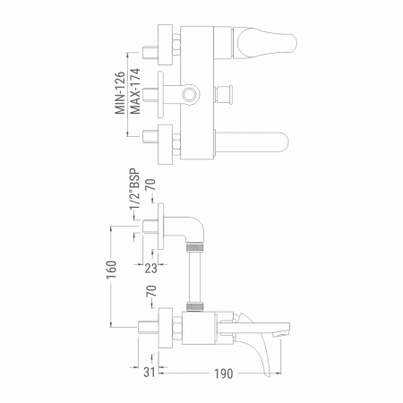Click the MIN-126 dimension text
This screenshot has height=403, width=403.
[x=120, y=93]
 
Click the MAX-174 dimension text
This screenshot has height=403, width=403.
[x=135, y=91]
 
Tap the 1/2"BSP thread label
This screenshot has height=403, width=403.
[x=134, y=191]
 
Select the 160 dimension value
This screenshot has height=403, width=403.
[x=111, y=270]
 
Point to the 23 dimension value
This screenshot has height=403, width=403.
[x=150, y=269]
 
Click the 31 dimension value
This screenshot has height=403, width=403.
[x=150, y=372]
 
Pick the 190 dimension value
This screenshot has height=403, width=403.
[x=224, y=373]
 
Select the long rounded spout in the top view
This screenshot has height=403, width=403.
[x=252, y=142]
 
